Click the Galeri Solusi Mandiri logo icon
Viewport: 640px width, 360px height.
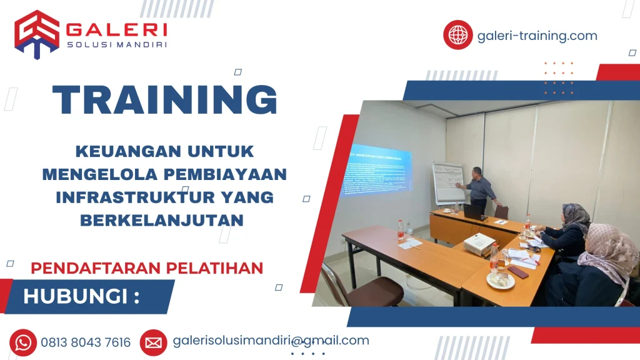tap(37, 34)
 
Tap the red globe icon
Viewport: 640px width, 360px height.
tap(458, 35)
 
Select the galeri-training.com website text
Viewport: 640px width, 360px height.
tap(537, 36)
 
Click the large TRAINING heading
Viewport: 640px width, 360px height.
tap(165, 99)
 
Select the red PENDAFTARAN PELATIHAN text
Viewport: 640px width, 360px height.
tap(147, 268)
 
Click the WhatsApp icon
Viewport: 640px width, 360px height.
tap(23, 342)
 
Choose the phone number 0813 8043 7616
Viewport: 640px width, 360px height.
tap(86, 342)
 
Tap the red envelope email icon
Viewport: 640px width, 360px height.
tap(153, 342)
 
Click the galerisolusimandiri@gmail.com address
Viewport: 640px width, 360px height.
tap(270, 341)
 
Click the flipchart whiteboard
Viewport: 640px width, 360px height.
tap(449, 182)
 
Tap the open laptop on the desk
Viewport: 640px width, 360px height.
tap(472, 212)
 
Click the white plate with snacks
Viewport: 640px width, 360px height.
tap(501, 281)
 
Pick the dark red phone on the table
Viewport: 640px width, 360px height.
tap(517, 271)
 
